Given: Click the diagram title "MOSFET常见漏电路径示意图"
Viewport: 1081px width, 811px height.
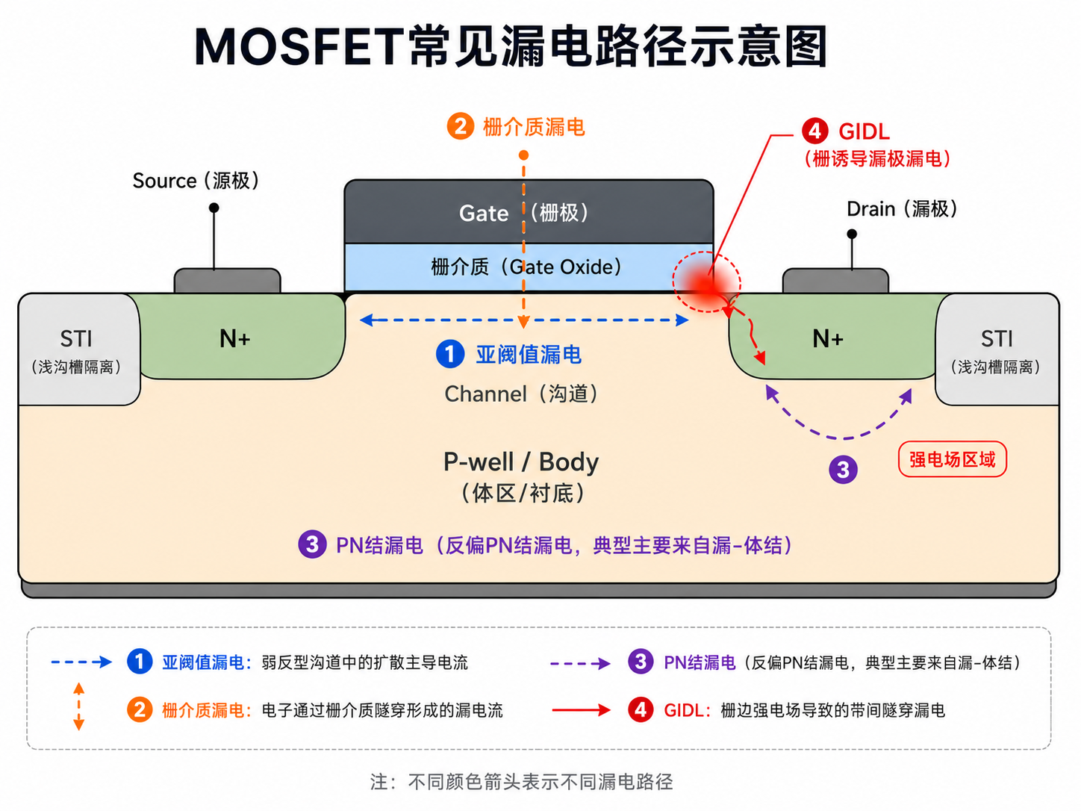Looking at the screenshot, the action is [x=511, y=46].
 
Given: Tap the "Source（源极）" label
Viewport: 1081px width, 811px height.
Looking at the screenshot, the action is [x=196, y=181].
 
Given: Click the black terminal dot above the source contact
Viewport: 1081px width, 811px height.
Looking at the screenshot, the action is [x=214, y=208].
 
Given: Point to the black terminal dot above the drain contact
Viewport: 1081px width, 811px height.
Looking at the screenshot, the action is [x=852, y=234].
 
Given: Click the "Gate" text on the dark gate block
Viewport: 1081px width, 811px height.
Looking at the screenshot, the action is [x=484, y=214].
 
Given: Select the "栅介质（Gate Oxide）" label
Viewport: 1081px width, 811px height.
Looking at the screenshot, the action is [x=526, y=267].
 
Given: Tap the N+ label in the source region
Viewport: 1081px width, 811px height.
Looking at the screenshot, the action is [x=235, y=339].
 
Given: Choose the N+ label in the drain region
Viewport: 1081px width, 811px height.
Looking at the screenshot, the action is [x=828, y=339].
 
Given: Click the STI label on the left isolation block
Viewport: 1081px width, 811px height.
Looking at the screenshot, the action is [x=76, y=339].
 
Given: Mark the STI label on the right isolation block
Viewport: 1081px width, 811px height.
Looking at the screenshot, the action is [x=997, y=339].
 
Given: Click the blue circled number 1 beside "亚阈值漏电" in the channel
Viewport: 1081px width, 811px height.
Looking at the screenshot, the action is [x=450, y=353].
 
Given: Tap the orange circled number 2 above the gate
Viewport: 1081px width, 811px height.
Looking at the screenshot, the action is [x=461, y=126].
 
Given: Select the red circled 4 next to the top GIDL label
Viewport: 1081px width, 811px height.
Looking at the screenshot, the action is [x=815, y=131].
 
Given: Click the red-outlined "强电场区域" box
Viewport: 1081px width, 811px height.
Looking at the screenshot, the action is [x=953, y=459].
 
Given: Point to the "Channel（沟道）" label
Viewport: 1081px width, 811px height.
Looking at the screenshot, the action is [x=522, y=394].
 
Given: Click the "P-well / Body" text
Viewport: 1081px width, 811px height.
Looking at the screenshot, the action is [x=521, y=462].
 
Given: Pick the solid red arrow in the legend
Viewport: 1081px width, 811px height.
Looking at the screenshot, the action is [x=581, y=710].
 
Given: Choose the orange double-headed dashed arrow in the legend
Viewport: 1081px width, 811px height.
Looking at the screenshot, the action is [x=79, y=706].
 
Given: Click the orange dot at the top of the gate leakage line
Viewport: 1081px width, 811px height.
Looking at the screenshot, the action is [x=523, y=155].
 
